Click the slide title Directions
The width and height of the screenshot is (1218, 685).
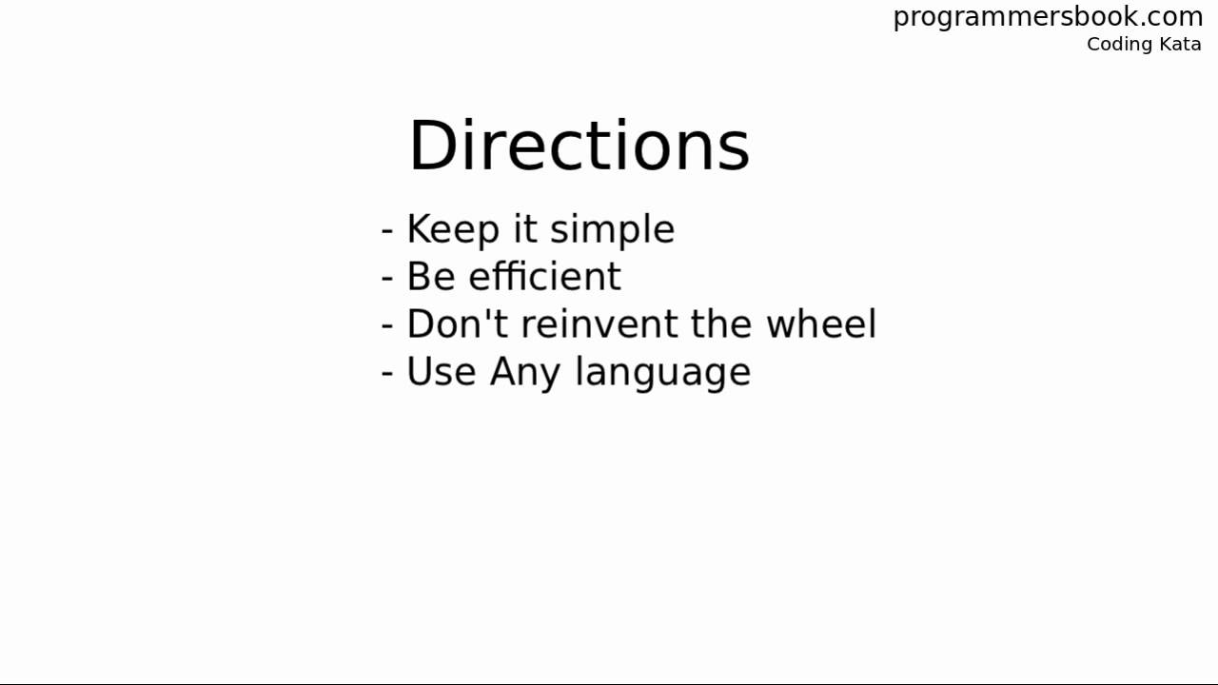[x=579, y=147]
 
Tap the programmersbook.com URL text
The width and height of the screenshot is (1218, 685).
[x=1048, y=17]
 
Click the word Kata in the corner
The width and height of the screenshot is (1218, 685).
[x=1180, y=45]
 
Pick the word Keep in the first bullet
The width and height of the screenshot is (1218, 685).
[x=453, y=230]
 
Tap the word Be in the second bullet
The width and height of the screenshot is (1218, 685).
[x=431, y=277]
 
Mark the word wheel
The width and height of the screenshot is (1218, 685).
[x=821, y=324]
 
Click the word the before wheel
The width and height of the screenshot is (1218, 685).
[x=722, y=324]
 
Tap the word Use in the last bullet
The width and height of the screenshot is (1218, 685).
[x=442, y=372]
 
